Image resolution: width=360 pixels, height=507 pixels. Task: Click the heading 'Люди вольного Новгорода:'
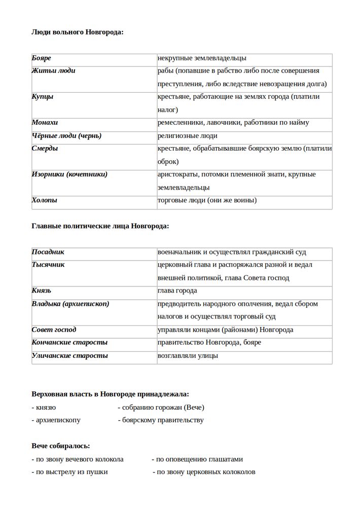77,32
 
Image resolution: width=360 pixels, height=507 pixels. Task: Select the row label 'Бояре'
42,59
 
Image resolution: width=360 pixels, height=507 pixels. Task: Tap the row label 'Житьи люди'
53,71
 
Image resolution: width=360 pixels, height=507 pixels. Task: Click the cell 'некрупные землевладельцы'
202,59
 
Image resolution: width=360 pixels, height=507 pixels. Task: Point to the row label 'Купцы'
43,97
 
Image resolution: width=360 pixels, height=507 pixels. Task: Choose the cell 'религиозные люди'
188,136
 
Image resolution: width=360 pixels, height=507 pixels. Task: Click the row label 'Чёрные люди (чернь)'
66,136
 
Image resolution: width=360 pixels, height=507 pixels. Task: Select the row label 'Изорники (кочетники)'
69,174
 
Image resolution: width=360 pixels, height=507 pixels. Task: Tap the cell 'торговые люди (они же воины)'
207,200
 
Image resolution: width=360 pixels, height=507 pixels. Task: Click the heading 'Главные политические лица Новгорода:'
100,226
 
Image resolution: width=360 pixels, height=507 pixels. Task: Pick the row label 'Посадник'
48,252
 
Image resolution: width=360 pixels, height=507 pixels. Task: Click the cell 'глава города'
177,291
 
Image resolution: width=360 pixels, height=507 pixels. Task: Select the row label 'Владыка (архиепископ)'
70,304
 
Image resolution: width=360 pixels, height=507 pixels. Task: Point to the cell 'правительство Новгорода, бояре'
209,343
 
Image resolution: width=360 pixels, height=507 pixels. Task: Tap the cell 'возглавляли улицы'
188,355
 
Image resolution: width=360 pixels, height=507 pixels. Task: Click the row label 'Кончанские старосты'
69,343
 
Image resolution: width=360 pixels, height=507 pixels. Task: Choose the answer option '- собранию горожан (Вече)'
161,407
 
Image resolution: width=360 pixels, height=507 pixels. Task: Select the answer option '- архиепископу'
56,420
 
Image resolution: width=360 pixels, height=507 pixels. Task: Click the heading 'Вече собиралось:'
61,446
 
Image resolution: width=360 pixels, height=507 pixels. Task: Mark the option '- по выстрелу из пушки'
69,472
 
